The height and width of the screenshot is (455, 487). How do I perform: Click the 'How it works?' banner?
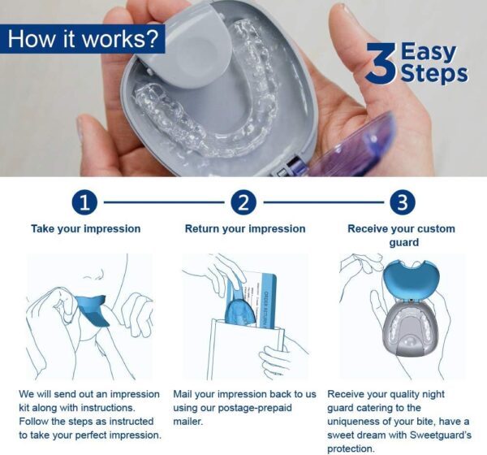82,38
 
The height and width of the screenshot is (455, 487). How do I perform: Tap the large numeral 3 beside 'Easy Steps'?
380,64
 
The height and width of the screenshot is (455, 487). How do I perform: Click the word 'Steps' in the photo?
433,74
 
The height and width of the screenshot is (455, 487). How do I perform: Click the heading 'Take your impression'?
85,228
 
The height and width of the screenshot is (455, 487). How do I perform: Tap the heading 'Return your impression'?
245,228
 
